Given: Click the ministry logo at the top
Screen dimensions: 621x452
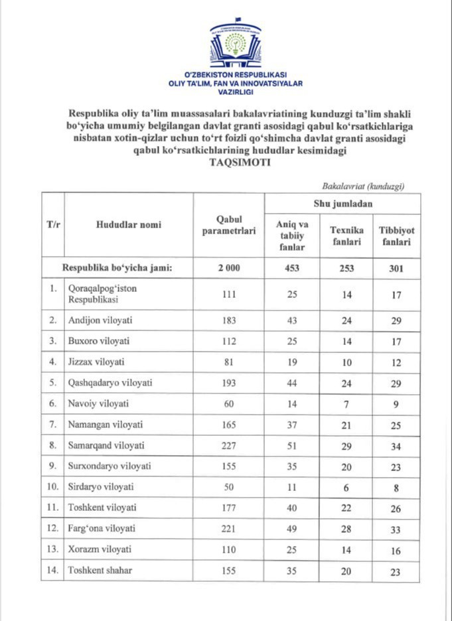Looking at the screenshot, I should pos(235,46).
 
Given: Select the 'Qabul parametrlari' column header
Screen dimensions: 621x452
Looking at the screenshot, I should pos(228,225).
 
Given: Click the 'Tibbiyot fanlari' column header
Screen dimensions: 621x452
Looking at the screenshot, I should pos(396,236).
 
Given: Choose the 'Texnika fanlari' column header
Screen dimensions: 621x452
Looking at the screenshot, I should pos(346,236).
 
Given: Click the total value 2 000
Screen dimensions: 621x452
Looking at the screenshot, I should pos(228,269).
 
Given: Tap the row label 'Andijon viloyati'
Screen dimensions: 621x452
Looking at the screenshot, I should pos(100,320).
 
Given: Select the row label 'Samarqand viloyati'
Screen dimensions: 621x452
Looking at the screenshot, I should pos(106,446).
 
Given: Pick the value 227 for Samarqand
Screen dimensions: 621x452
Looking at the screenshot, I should pos(228,446).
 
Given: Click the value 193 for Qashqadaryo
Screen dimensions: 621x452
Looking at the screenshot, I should pos(228,383).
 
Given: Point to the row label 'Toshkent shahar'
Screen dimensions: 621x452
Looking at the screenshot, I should pos(100,571).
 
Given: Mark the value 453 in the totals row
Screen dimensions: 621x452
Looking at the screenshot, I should pos(291,269).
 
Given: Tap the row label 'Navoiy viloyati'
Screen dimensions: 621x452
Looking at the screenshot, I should pos(98,403).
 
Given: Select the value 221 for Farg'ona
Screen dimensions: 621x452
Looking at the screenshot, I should pos(228,529).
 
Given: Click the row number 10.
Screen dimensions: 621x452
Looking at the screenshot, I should pos(52,487).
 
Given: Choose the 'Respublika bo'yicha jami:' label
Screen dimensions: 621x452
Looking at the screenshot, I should pos(117,269).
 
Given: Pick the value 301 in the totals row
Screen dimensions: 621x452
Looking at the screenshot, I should pos(396,269).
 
